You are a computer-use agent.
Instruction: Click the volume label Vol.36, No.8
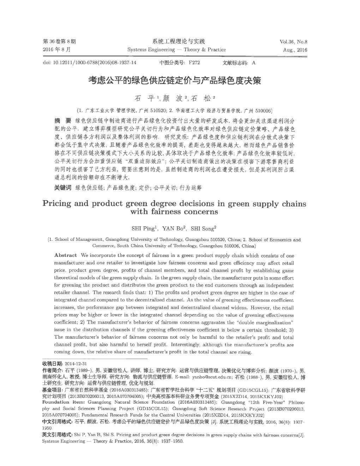pyautogui.click(x=293, y=42)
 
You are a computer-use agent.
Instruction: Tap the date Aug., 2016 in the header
pyautogui.click(x=295, y=50)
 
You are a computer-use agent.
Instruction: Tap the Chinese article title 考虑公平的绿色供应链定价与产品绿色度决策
pyautogui.click(x=174, y=81)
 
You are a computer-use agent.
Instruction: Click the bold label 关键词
pyautogui.click(x=62, y=188)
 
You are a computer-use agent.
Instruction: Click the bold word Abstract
pyautogui.click(x=66, y=255)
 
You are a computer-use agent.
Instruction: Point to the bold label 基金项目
pyautogui.click(x=52, y=390)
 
